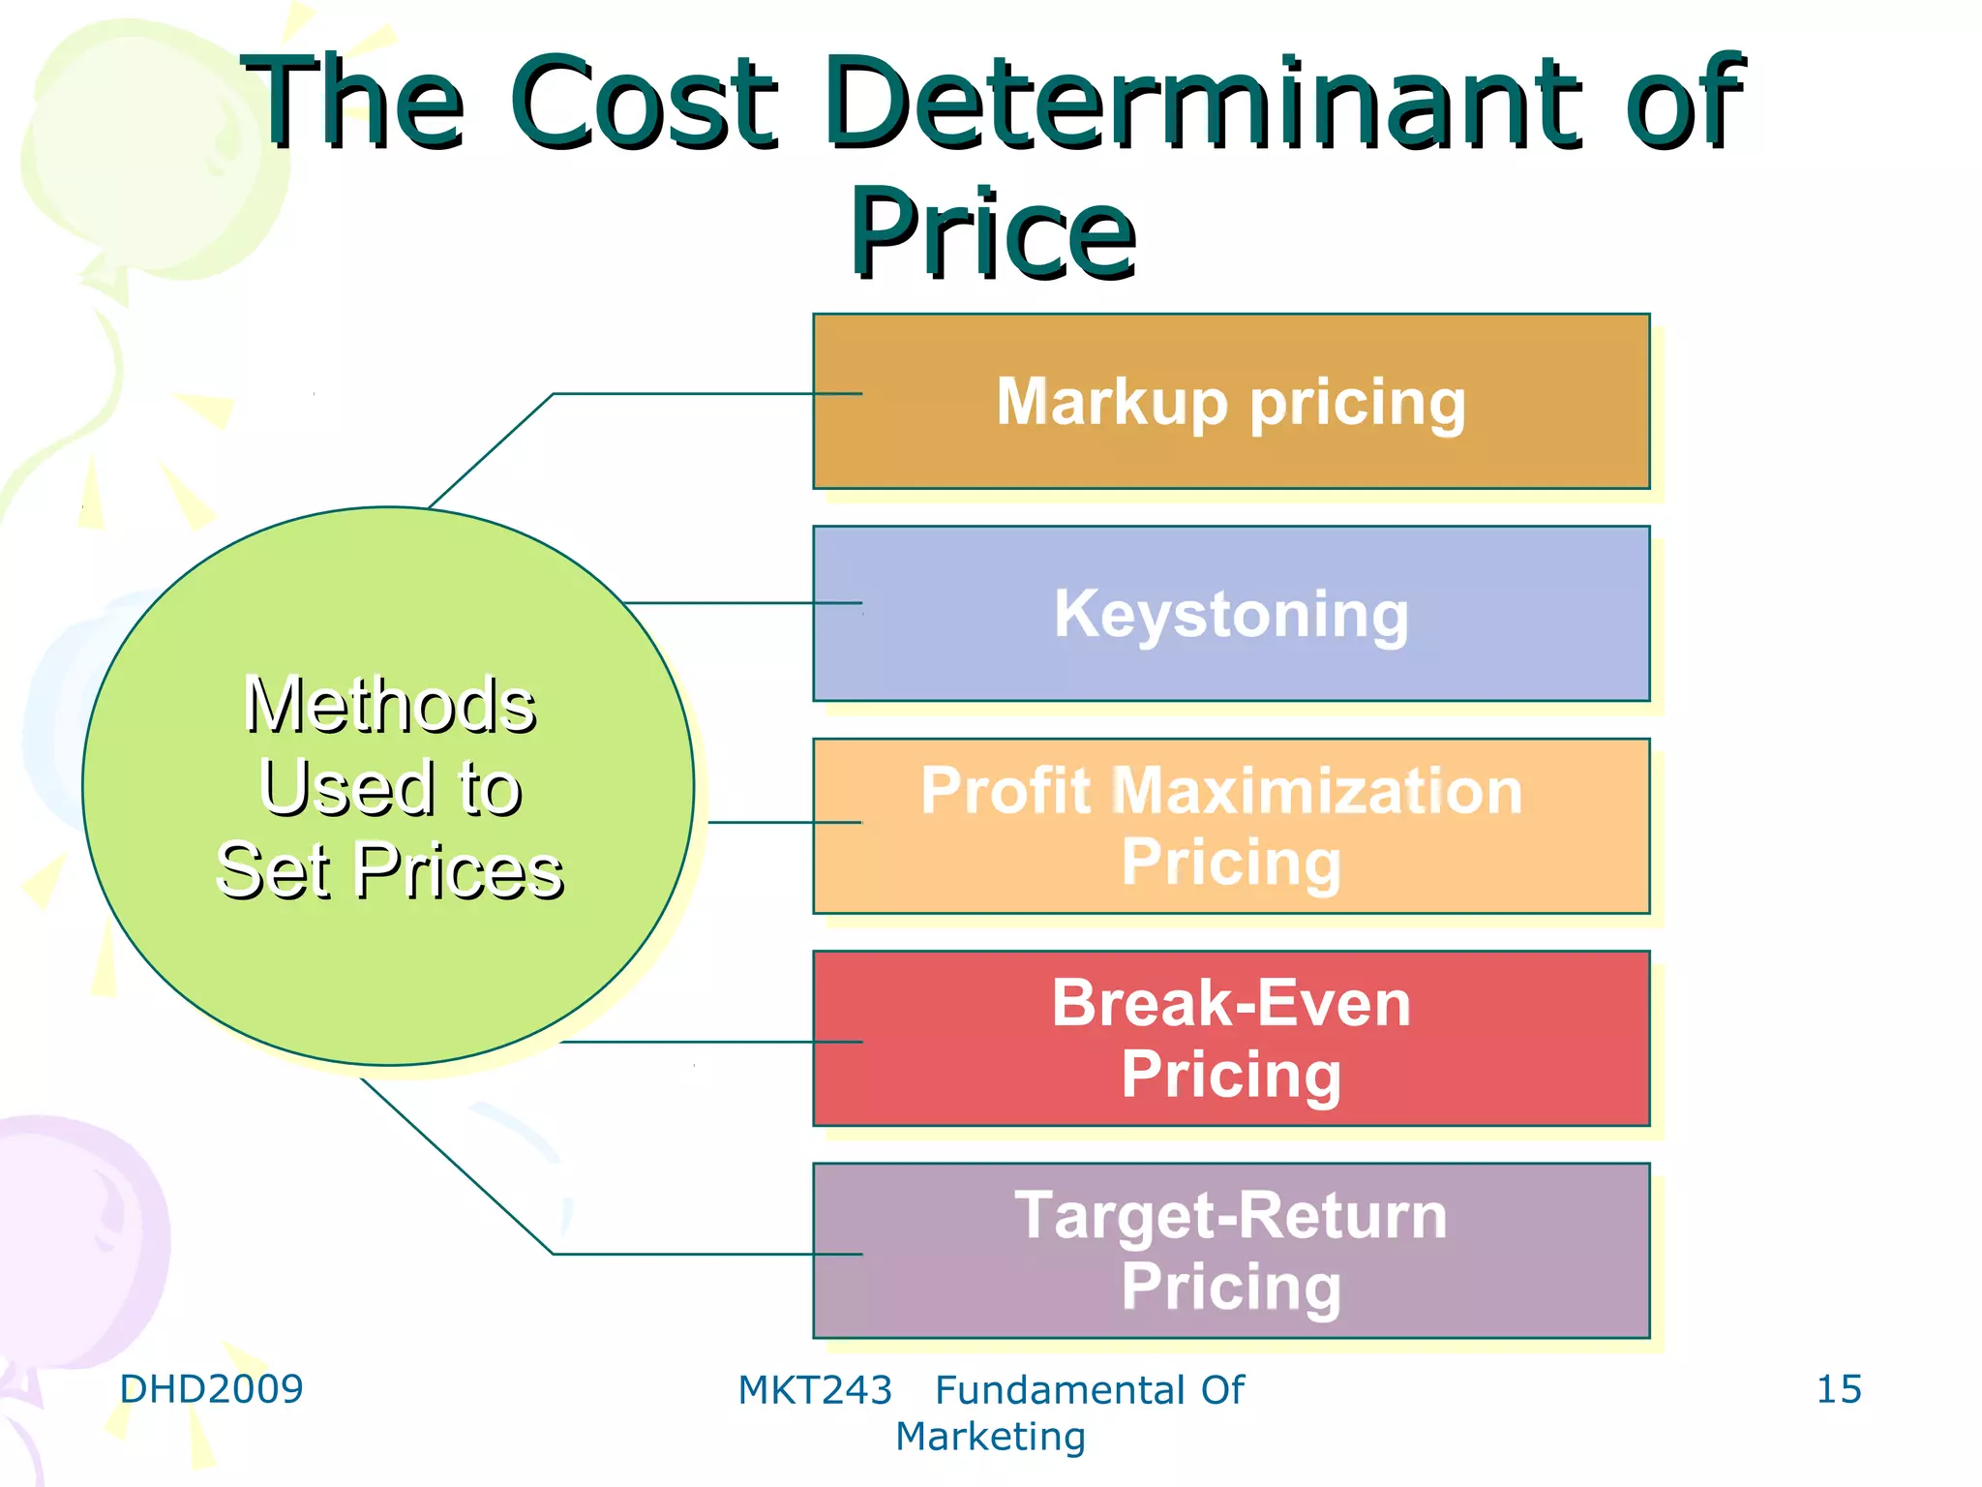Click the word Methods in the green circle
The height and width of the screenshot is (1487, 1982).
pyautogui.click(x=389, y=705)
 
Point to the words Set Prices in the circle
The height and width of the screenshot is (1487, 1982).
pyautogui.click(x=389, y=871)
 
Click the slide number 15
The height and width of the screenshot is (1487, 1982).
pyautogui.click(x=1839, y=1389)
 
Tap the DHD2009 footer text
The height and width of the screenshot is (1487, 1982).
pyautogui.click(x=211, y=1389)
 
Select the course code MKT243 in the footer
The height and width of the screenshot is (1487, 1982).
pyautogui.click(x=815, y=1390)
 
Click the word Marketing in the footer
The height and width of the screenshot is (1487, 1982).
pyautogui.click(x=990, y=1437)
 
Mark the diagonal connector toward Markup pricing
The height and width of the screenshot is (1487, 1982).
pyautogui.click(x=492, y=449)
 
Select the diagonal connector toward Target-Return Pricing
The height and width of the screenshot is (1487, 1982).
pyautogui.click(x=457, y=1167)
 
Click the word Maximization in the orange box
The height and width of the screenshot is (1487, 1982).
pyautogui.click(x=1316, y=791)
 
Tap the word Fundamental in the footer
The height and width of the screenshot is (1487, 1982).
pyautogui.click(x=1060, y=1390)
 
